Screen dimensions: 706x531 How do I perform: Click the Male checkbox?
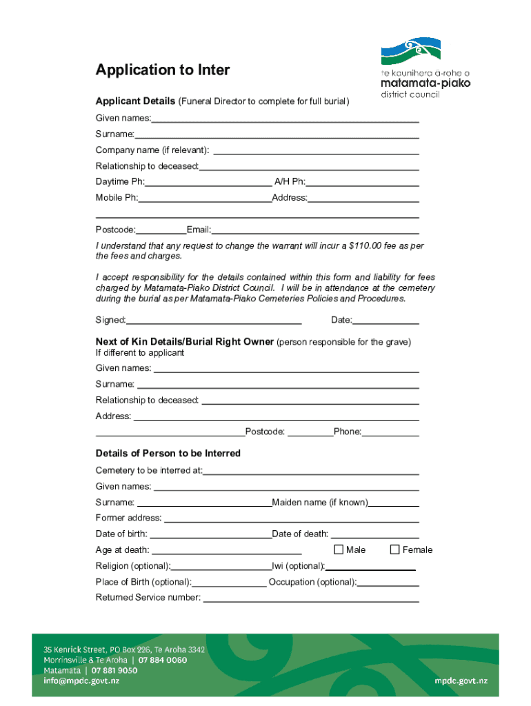pyautogui.click(x=339, y=549)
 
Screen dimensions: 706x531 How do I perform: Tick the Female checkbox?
pyautogui.click(x=395, y=549)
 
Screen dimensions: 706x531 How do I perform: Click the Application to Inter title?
pyautogui.click(x=163, y=70)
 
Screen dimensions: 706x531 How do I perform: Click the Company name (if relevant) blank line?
pyautogui.click(x=317, y=150)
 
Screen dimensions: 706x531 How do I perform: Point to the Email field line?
pyautogui.click(x=315, y=230)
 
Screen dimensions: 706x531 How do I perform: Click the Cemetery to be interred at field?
pyautogui.click(x=311, y=471)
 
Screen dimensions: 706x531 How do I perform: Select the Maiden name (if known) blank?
pyautogui.click(x=394, y=503)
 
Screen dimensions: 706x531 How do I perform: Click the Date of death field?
pyautogui.click(x=375, y=534)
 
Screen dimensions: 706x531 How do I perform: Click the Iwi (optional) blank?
pyautogui.click(x=370, y=567)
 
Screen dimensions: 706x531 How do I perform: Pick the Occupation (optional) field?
pyautogui.click(x=388, y=583)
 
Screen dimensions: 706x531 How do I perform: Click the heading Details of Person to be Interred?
pyautogui.click(x=168, y=454)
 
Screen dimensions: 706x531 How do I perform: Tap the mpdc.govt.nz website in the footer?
pyautogui.click(x=461, y=680)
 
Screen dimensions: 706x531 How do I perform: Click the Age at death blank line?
pyautogui.click(x=226, y=550)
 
